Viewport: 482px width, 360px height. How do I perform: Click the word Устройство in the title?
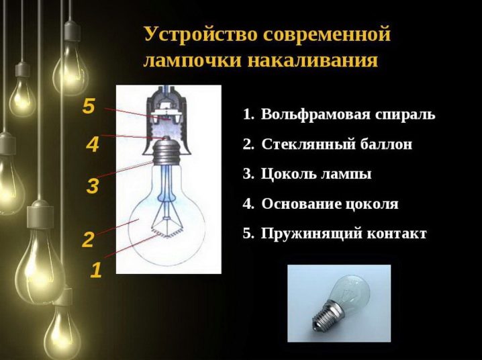pyautogui.click(x=201, y=34)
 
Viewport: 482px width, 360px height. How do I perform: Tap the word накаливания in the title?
pyautogui.click(x=313, y=60)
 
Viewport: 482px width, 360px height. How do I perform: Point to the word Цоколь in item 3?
pyautogui.click(x=289, y=174)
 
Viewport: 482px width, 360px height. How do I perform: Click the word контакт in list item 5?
pyautogui.click(x=397, y=234)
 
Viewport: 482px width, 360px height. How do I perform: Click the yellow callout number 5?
pyautogui.click(x=89, y=106)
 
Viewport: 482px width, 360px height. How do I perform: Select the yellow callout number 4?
pyautogui.click(x=93, y=144)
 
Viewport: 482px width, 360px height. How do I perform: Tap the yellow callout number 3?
pyautogui.click(x=93, y=186)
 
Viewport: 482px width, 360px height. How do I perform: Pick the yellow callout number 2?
pyautogui.click(x=88, y=240)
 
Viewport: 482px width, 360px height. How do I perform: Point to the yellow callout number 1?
pyautogui.click(x=96, y=270)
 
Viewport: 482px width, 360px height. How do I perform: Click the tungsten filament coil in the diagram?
pyautogui.click(x=166, y=233)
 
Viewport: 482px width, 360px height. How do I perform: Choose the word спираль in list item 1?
pyautogui.click(x=405, y=114)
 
